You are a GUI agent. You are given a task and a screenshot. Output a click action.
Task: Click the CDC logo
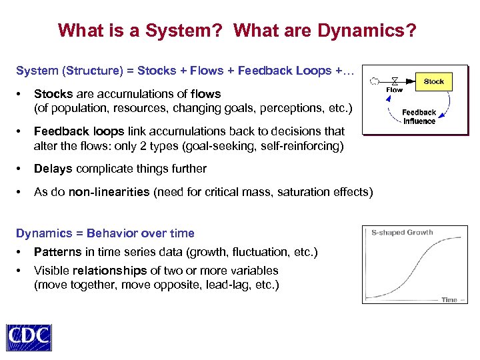[29, 337]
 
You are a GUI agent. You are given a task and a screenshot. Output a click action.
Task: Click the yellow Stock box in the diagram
[433, 81]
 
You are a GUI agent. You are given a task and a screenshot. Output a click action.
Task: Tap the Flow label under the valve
[395, 90]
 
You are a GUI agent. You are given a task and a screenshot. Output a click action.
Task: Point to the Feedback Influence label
[419, 117]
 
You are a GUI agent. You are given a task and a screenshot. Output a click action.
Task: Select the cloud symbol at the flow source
[375, 81]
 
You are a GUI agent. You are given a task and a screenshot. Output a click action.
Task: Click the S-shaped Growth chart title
[402, 233]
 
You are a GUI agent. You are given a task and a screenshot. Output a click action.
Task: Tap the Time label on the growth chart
[449, 300]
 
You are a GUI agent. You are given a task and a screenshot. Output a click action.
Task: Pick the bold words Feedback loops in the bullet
[71, 131]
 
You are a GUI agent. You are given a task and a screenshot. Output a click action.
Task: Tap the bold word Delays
[53, 169]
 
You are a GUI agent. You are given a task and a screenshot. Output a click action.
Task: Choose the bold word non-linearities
[109, 192]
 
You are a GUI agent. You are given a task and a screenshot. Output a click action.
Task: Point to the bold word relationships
[109, 271]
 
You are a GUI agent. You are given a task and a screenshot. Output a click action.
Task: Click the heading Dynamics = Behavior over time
[105, 233]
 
